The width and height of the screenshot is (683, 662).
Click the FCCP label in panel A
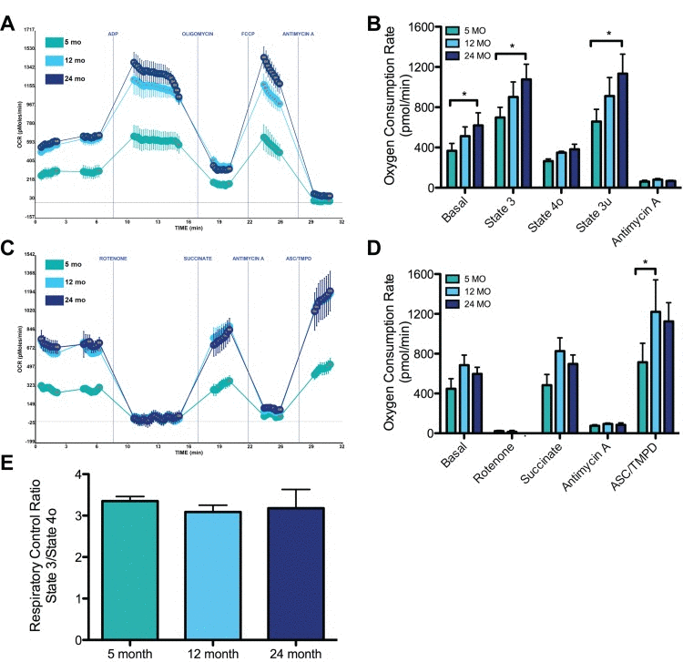248,34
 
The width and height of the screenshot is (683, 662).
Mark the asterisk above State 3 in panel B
512,46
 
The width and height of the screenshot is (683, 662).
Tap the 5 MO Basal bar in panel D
450,411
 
